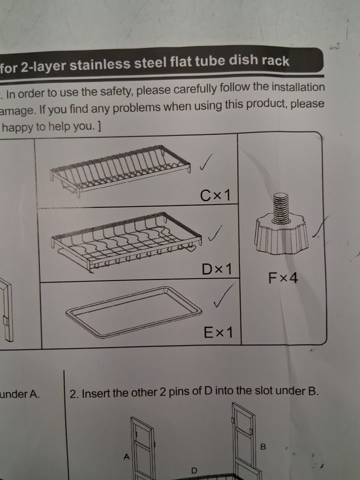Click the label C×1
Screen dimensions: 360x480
[215, 195]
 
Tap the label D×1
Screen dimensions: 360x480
[216, 269]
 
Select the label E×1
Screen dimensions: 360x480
[218, 332]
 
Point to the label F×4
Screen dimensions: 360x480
[283, 278]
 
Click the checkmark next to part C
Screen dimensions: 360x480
[205, 161]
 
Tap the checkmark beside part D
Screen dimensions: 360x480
[215, 233]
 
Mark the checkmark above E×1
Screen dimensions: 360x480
[223, 295]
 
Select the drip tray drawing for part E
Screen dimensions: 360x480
[134, 311]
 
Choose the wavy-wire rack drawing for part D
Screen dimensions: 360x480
[126, 242]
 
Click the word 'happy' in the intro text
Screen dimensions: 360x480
[18, 127]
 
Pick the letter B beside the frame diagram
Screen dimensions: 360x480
[263, 447]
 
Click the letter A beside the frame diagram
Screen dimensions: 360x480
[126, 456]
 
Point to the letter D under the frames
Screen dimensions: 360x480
[194, 470]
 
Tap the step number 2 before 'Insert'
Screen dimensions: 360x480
[73, 393]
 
